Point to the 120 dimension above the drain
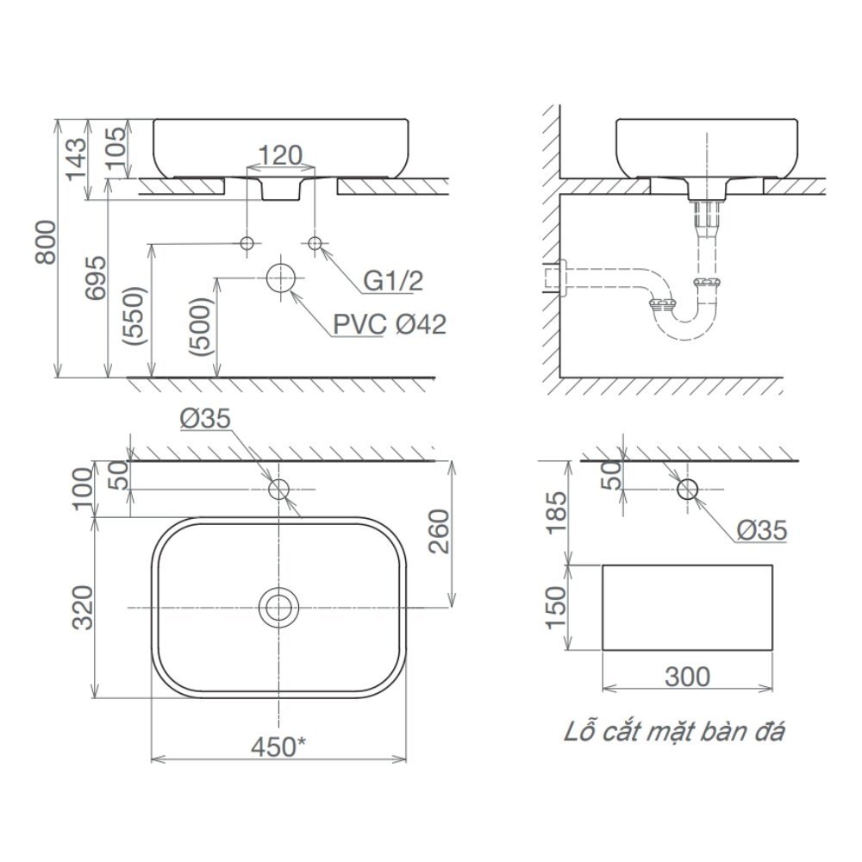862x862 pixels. (x=280, y=155)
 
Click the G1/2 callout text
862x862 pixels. (x=394, y=282)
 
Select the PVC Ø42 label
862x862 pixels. (x=390, y=325)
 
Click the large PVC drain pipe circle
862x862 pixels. (x=280, y=278)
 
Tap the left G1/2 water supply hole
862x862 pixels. (x=247, y=243)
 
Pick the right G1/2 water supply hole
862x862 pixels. (x=315, y=243)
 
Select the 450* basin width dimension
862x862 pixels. (x=278, y=747)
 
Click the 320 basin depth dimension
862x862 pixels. (x=83, y=608)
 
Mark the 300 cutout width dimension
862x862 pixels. (x=686, y=677)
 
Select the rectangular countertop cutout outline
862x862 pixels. (x=687, y=608)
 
